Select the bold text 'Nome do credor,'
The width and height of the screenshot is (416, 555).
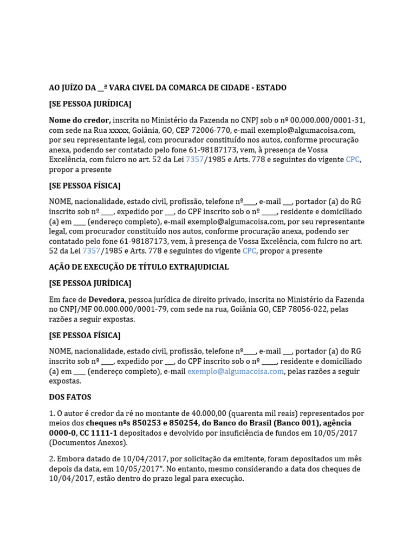click(x=80, y=120)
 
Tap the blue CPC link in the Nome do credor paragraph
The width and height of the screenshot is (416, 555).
click(x=353, y=160)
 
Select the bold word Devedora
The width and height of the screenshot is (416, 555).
click(x=107, y=300)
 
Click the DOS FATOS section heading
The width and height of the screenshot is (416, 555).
click(x=70, y=397)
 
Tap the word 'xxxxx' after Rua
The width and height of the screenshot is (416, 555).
click(x=118, y=130)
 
